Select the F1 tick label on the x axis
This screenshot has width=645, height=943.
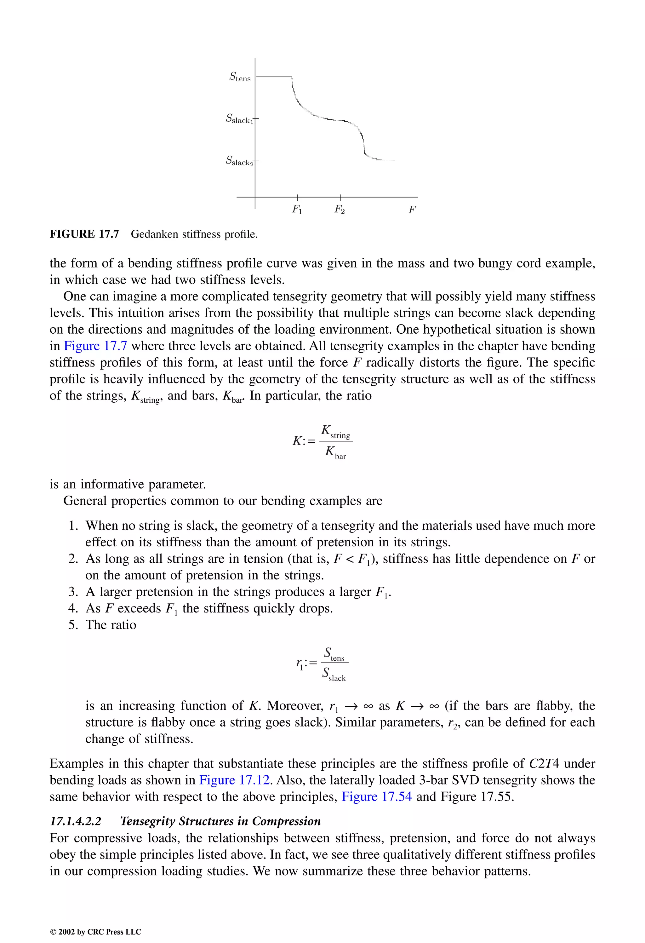tap(297, 210)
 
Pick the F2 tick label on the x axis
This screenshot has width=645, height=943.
tap(340, 210)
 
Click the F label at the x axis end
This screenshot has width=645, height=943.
tap(412, 210)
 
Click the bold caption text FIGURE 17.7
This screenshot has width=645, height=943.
tap(84, 234)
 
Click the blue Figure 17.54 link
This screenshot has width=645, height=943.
tap(377, 797)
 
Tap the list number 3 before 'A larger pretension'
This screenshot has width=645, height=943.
tap(73, 592)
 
